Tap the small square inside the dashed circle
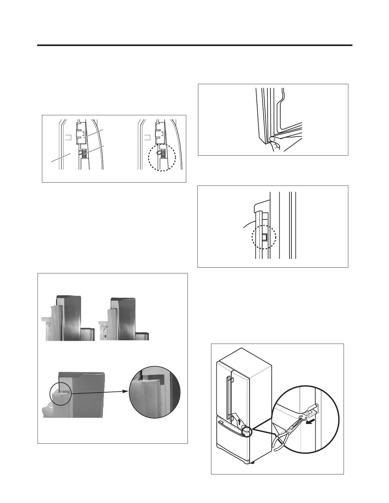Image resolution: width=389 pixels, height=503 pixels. tap(264, 237)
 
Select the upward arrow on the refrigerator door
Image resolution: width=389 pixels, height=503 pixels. tap(239, 421)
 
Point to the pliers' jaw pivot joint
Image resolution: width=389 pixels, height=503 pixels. tap(289, 431)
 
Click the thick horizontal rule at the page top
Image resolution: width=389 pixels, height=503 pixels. tap(194, 45)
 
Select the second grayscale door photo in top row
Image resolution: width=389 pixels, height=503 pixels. tap(124, 319)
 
